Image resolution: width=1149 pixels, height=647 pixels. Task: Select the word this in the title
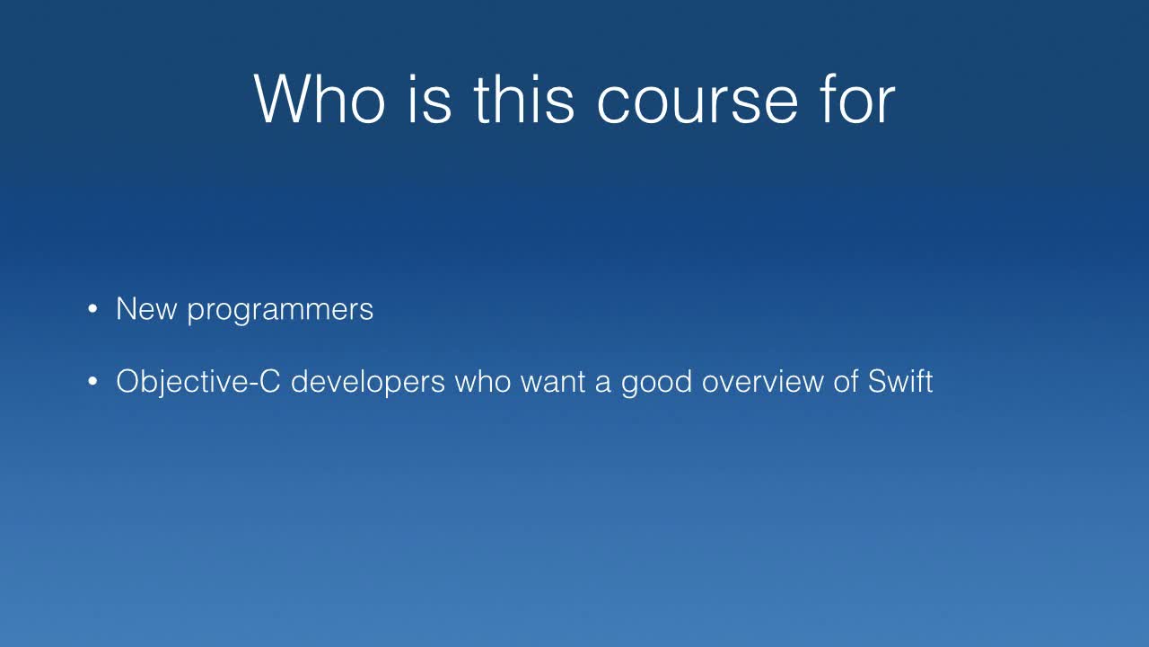(x=523, y=99)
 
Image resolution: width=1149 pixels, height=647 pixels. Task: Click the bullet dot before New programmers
(x=92, y=310)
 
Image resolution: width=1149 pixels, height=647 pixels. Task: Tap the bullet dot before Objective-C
(x=92, y=383)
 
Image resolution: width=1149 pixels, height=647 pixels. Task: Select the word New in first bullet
(x=145, y=309)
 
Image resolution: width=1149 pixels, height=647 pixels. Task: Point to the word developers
(x=368, y=383)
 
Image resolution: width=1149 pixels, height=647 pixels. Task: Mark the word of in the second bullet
(x=846, y=381)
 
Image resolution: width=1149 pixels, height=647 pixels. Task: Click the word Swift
(x=900, y=381)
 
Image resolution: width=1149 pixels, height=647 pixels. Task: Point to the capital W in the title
(x=283, y=99)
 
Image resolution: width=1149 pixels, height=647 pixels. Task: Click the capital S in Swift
(x=877, y=382)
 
